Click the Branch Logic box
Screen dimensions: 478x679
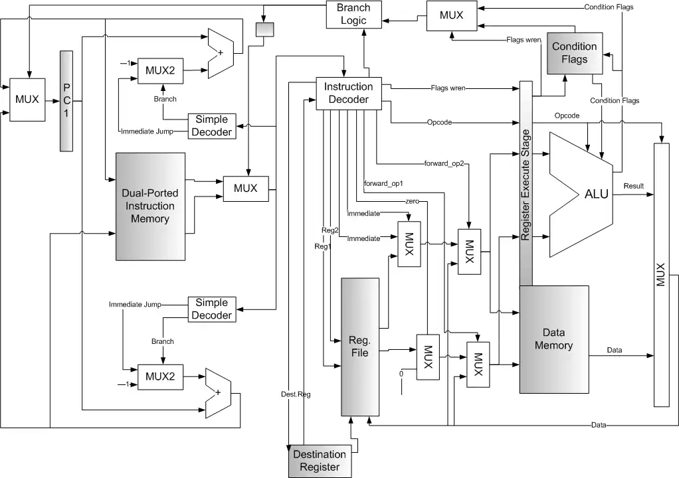[353, 14]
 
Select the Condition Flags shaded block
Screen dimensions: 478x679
[574, 53]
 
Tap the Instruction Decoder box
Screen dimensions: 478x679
[348, 93]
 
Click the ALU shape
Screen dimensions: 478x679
[585, 195]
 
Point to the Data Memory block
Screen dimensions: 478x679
[553, 339]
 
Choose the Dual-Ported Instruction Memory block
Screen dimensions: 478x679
[150, 206]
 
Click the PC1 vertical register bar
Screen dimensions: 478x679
[66, 100]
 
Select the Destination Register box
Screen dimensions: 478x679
[320, 461]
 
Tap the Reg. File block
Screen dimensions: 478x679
[359, 347]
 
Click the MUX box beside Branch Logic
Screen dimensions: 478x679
[451, 15]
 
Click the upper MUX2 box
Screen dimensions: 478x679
[160, 70]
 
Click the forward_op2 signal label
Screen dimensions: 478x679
[442, 163]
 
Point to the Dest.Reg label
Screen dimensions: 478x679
[292, 394]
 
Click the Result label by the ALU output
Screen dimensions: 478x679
[633, 186]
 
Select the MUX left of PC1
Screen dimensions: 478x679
[27, 100]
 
